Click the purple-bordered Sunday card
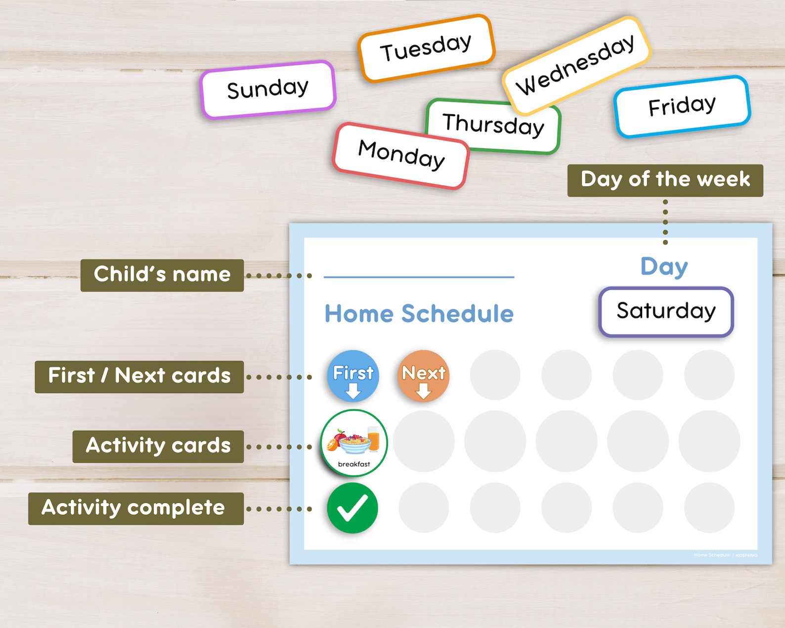click(268, 90)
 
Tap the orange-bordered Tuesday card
click(426, 48)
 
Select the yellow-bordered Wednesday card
click(575, 65)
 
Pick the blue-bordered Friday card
click(682, 106)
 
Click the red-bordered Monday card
click(401, 155)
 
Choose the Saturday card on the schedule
click(666, 312)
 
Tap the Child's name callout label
click(162, 275)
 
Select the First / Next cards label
click(139, 376)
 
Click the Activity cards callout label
click(158, 446)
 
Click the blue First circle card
click(353, 376)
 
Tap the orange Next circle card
click(424, 376)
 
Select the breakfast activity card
click(354, 443)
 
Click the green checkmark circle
click(352, 508)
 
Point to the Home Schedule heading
click(419, 314)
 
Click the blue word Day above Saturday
click(664, 267)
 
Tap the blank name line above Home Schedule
click(419, 276)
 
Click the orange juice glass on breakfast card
click(374, 439)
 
